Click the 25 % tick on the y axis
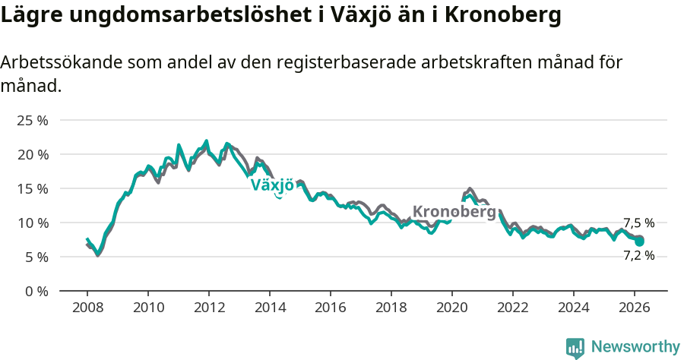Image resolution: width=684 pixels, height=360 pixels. pos(32,121)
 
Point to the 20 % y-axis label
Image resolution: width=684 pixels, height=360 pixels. pos(32,155)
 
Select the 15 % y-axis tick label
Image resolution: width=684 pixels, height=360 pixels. pos(32,189)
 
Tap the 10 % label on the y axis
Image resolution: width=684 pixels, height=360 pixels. pos(32,223)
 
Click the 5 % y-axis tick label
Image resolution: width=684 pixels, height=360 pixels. pos(36,257)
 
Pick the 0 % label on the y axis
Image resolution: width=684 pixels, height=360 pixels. pos(36,292)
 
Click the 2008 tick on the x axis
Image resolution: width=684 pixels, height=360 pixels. pos(87,307)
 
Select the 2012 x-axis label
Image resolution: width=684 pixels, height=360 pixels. pos(209,307)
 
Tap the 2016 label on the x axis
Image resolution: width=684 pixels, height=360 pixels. pos(331,307)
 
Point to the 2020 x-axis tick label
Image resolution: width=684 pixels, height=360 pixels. pos(452,307)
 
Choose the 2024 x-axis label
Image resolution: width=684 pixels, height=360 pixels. pos(574,307)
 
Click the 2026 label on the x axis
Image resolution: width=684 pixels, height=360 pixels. pos(635,307)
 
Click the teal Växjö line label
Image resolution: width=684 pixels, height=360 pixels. pos(272,185)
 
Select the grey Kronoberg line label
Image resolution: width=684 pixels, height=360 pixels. pos(454,212)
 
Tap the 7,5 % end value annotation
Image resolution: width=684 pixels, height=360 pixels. pos(638,223)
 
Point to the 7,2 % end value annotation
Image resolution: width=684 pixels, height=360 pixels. pos(638,256)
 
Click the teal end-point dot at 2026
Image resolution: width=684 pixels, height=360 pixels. pos(640,242)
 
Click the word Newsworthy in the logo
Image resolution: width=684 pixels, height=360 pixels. pos(635,347)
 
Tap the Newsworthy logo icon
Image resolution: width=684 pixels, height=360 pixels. pos(575,348)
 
